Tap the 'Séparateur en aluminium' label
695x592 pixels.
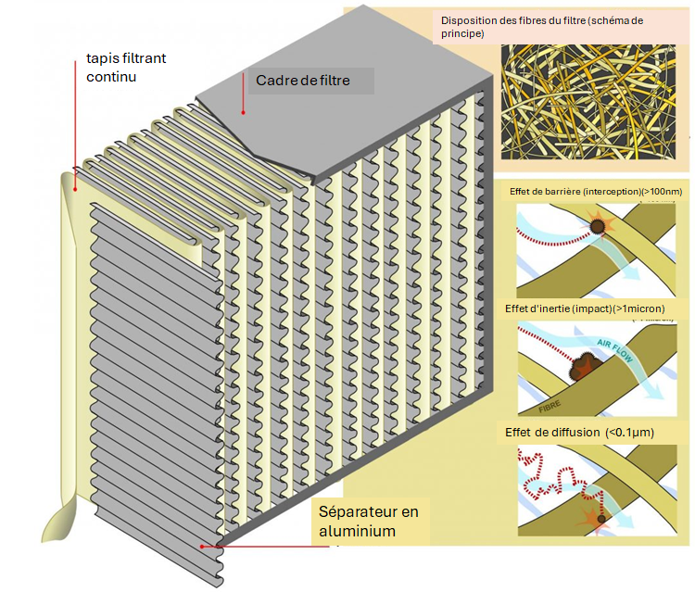369,522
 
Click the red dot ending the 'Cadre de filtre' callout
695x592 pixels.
244,113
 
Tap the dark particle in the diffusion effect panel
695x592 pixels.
601,519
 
